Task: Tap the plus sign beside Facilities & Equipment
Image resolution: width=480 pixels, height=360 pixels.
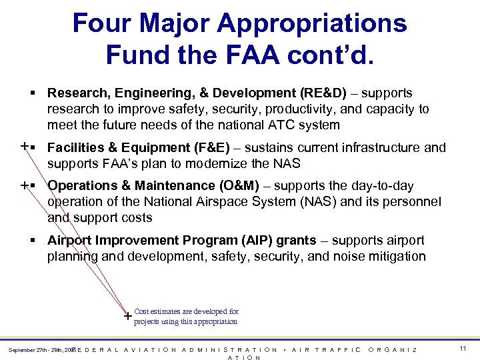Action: pyautogui.click(x=25, y=147)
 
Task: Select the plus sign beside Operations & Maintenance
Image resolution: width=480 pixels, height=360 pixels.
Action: pyautogui.click(x=25, y=185)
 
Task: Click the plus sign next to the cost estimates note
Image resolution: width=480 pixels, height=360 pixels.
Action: pyautogui.click(x=127, y=317)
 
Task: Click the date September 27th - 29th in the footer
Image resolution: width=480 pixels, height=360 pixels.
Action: pyautogui.click(x=37, y=350)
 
